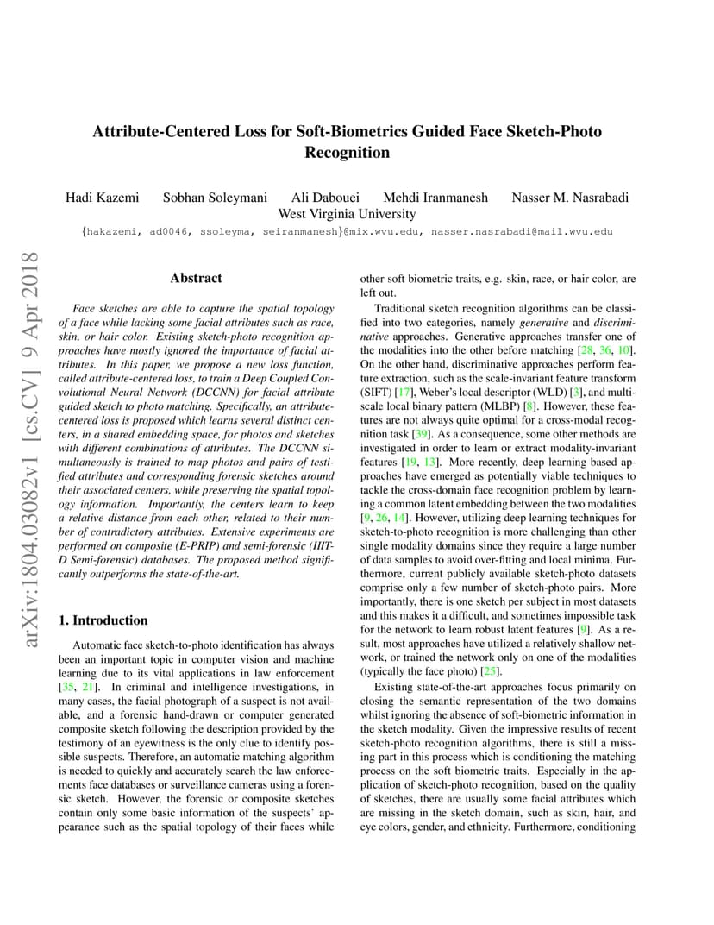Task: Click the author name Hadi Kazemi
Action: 102,198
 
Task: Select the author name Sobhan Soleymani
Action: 215,198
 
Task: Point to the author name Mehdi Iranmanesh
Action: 435,198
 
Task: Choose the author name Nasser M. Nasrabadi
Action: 570,198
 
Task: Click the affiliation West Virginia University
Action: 347,214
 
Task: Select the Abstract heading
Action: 196,278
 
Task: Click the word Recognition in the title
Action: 347,153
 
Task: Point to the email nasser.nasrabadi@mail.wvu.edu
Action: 522,231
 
